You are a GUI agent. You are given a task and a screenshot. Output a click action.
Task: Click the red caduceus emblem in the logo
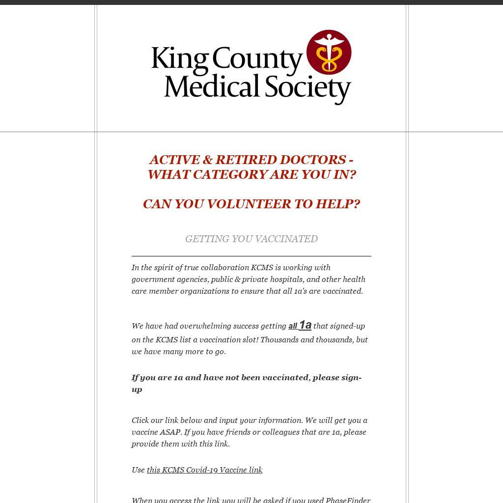coord(329,52)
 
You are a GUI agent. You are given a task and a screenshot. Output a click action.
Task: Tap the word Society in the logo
coord(307,87)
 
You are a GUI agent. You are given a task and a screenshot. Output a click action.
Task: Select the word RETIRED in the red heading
coord(246,160)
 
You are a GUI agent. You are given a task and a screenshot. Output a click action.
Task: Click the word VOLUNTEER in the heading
coord(249,204)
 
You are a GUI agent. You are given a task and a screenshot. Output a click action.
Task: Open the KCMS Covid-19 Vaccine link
coord(204,470)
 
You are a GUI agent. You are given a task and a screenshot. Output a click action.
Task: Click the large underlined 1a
coord(305,325)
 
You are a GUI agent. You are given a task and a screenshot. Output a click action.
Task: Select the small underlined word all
coord(293,326)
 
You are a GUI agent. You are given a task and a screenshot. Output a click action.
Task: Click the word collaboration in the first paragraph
coord(224,267)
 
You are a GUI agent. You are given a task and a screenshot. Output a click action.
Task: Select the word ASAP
coord(170,432)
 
